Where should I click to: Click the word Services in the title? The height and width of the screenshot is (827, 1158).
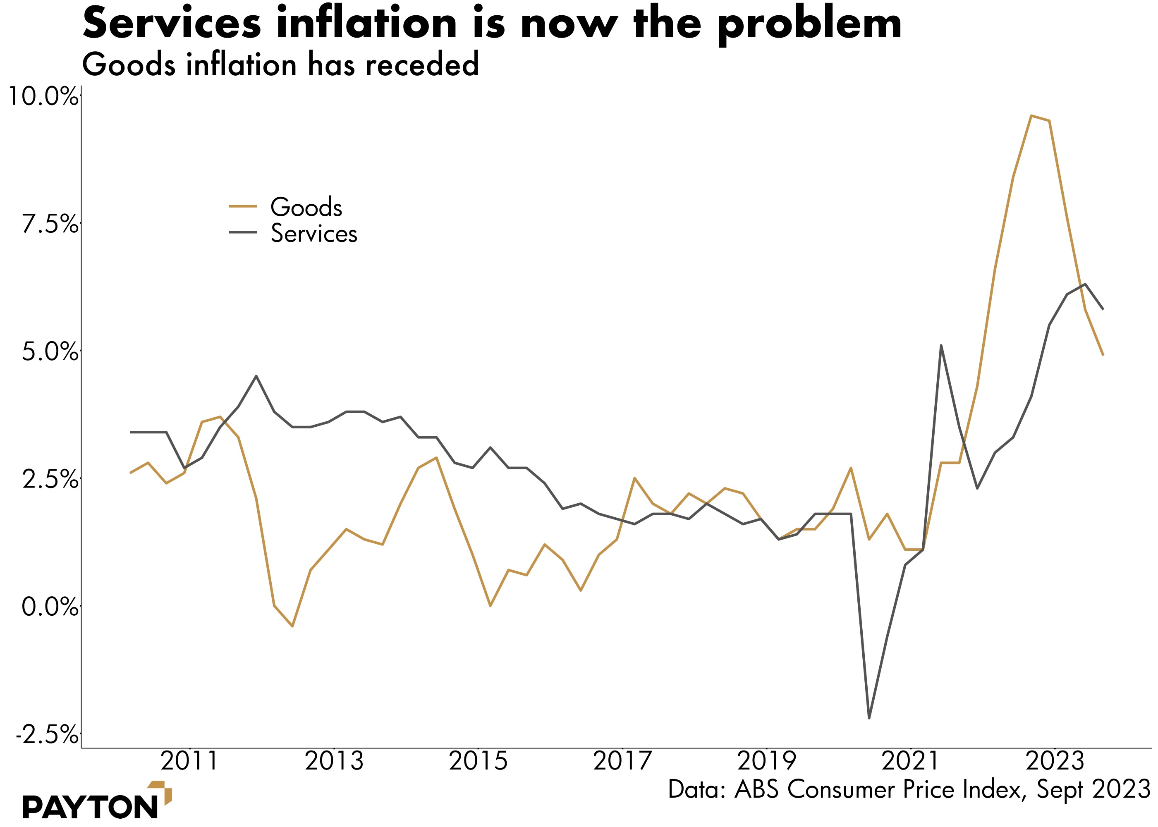coord(172,24)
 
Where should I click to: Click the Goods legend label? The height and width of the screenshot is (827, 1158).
coord(306,207)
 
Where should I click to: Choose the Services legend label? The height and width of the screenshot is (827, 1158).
coord(313,234)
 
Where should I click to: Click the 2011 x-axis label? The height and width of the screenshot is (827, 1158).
coord(189,761)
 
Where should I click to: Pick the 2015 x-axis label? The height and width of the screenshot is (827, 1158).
coord(478,761)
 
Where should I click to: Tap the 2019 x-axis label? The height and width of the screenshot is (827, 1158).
coord(766,761)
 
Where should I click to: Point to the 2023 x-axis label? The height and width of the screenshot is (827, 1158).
coord(1055,761)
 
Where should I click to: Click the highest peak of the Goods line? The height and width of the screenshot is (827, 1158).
coord(1031,116)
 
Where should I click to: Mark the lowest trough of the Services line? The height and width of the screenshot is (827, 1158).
coord(869,718)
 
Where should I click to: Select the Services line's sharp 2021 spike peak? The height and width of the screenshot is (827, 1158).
coord(941,345)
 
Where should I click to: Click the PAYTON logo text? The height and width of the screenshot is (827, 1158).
coord(91,807)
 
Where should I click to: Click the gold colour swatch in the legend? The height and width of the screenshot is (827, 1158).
coord(243,206)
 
